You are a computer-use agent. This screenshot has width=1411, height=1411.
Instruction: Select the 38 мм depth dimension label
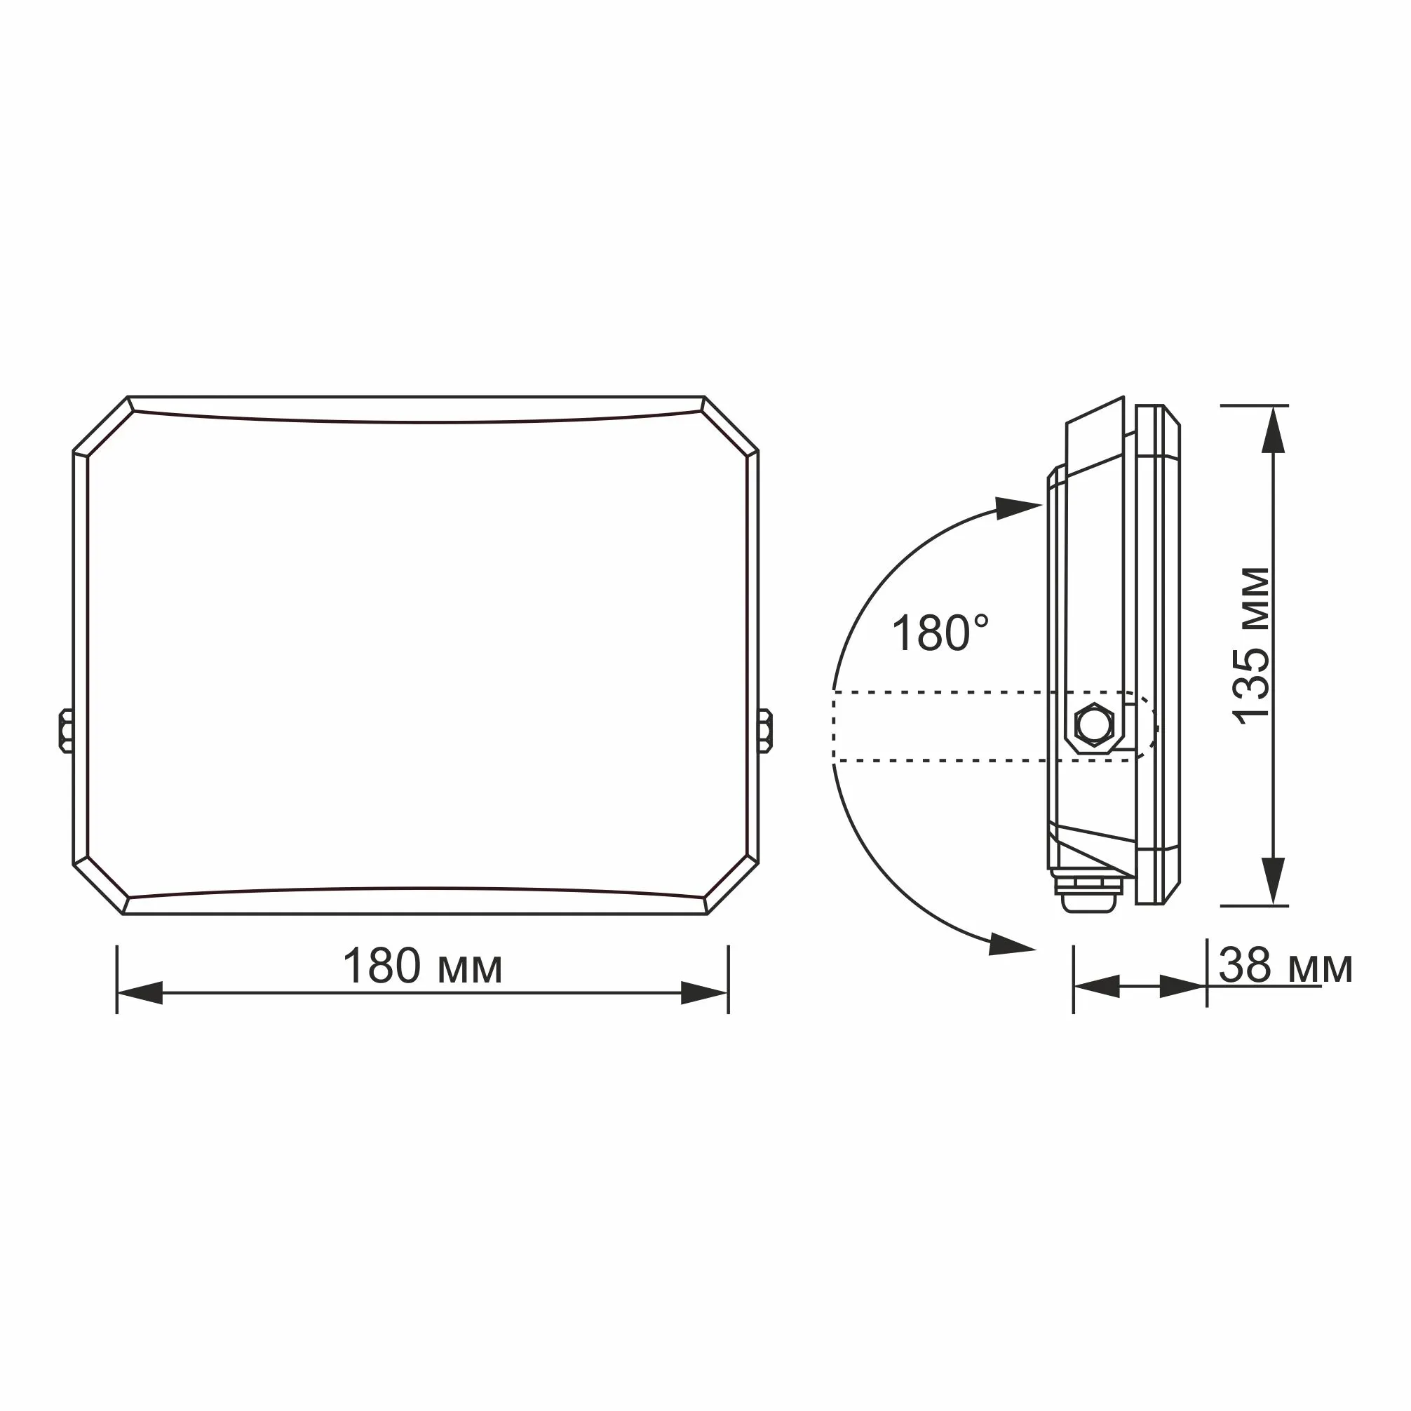click(x=1285, y=966)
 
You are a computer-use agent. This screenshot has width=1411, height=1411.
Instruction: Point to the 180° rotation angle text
click(x=940, y=633)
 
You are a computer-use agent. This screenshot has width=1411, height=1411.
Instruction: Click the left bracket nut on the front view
click(x=66, y=729)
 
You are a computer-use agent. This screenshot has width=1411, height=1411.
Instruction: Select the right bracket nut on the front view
click(x=765, y=730)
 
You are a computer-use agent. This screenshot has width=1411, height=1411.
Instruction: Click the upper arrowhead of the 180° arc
click(x=1018, y=508)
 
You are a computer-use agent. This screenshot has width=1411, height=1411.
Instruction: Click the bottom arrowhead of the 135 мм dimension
click(x=1273, y=881)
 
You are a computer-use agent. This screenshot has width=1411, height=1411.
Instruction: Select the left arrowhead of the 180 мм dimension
click(x=140, y=992)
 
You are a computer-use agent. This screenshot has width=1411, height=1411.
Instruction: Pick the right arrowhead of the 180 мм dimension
click(x=704, y=992)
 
